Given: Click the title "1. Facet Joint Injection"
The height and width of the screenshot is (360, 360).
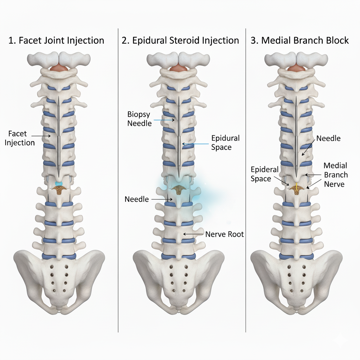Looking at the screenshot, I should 56,40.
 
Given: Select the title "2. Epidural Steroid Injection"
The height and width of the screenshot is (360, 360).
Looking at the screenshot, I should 180,40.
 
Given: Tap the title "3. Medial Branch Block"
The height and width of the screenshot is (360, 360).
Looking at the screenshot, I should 300,40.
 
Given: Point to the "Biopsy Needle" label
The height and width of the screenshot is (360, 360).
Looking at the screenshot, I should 140,119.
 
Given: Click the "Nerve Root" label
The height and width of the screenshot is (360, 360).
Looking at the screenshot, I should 224,234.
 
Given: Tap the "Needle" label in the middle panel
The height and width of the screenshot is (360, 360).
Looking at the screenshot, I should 137,199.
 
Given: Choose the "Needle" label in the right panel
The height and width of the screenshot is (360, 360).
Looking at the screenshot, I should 328,138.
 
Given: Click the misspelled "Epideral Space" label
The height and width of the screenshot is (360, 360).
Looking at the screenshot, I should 265,174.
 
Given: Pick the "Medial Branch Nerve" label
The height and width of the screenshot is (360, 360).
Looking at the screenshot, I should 335,175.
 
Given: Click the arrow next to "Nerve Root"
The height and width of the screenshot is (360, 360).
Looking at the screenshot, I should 193,234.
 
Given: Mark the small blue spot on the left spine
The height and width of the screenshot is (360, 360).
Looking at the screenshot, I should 59,184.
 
